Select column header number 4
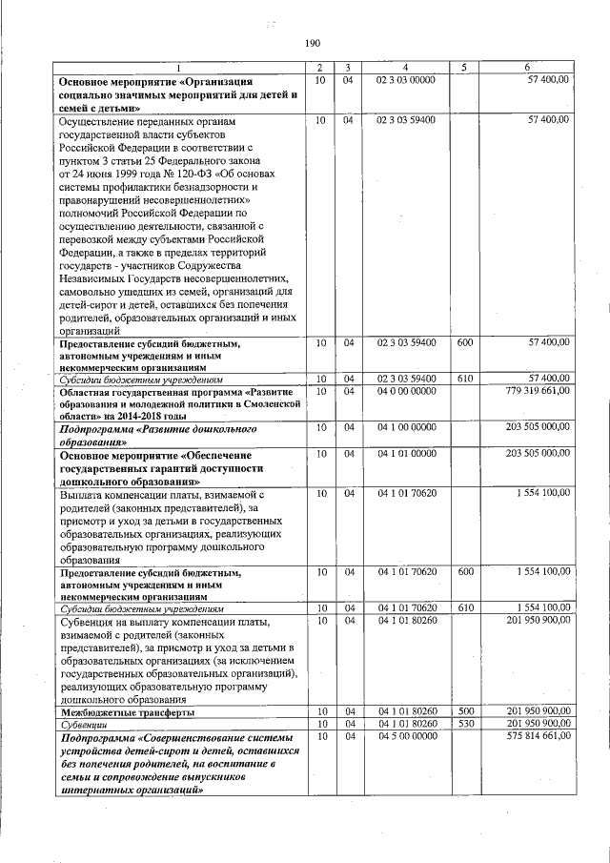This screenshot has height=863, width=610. [406, 67]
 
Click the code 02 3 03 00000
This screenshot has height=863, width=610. [407, 80]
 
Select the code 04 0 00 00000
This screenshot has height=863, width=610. [407, 391]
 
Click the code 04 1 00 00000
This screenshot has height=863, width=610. [407, 428]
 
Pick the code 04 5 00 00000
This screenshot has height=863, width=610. [407, 736]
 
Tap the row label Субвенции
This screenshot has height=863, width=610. [84, 724]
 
